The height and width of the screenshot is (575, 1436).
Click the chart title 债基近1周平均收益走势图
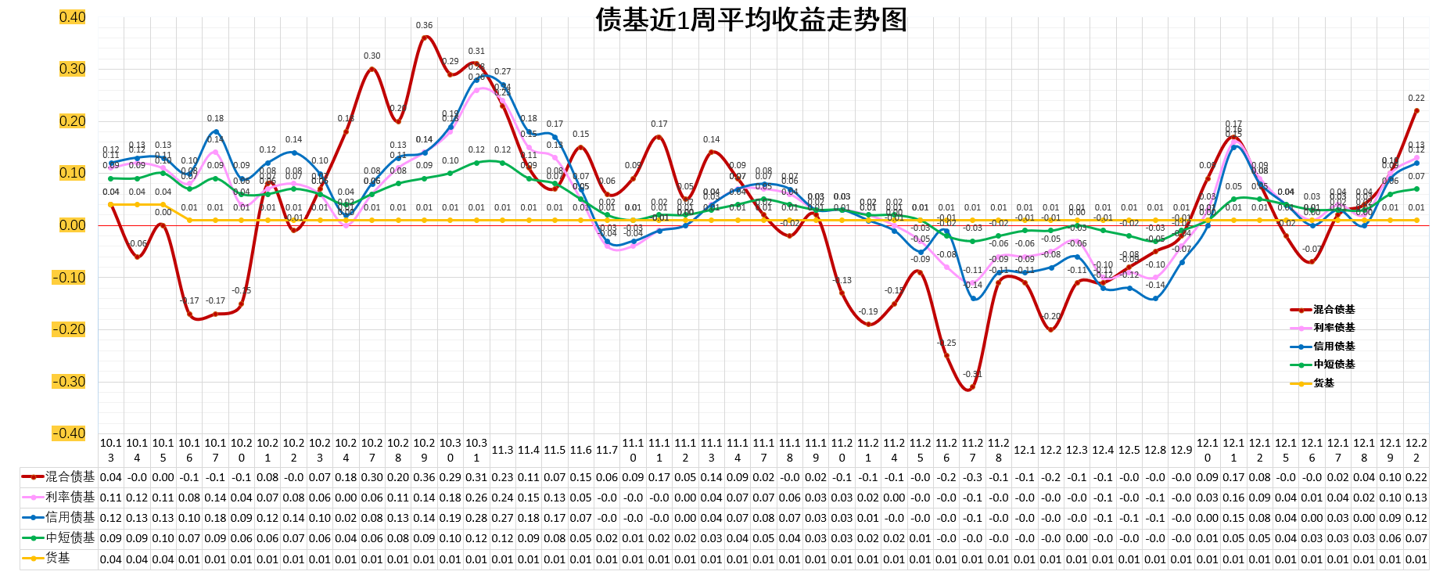[751, 20]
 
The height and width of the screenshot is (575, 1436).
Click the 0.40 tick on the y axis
[72, 17]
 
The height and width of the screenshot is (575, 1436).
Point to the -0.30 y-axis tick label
[69, 382]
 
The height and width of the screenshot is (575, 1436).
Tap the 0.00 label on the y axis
[72, 225]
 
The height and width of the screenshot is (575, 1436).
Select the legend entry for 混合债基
[1334, 310]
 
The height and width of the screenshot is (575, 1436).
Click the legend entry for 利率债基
[1334, 328]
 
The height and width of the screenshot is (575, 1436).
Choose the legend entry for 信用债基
[1334, 346]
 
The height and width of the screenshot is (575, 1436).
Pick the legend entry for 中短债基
[1334, 365]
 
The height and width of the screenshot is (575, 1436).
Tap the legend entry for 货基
[1323, 383]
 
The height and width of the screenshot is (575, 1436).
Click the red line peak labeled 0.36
[424, 37]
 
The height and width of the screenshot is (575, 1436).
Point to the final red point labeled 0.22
[1416, 110]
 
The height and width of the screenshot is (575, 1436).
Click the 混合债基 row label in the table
[70, 476]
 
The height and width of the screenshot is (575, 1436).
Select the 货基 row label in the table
[58, 558]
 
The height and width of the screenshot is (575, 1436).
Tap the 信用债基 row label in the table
[70, 517]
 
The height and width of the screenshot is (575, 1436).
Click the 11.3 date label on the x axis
[502, 450]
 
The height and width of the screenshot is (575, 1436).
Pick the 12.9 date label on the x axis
[1181, 450]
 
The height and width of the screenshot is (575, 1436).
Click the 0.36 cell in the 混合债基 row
[424, 477]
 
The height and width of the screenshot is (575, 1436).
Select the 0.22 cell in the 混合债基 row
[1416, 477]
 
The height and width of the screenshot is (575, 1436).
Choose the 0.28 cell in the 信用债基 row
[476, 518]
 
